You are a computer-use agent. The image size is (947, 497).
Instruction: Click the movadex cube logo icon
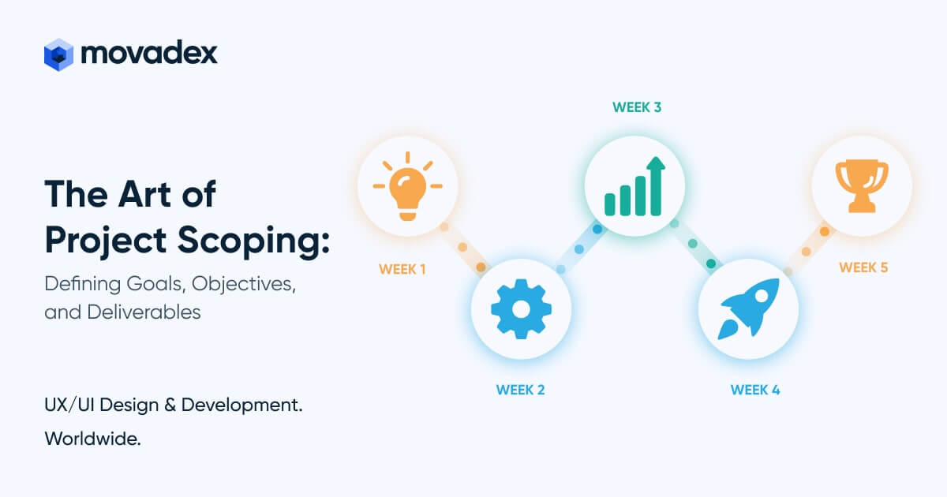click(58, 54)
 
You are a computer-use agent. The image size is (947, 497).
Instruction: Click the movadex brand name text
click(149, 53)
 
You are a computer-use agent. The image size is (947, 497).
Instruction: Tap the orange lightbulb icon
click(407, 187)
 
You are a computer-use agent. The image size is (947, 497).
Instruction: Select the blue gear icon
click(521, 308)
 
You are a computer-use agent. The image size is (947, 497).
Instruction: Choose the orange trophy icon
click(862, 187)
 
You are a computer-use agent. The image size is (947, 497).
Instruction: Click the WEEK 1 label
click(402, 269)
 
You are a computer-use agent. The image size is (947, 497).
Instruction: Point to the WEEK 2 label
click(520, 390)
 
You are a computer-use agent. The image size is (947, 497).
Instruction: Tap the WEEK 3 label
click(637, 107)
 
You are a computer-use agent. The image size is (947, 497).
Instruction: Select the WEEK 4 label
click(755, 390)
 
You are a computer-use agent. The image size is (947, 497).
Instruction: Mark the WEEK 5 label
click(863, 267)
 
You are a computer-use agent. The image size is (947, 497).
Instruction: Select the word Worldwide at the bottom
click(93, 439)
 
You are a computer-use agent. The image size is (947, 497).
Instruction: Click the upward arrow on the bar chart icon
click(655, 168)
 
